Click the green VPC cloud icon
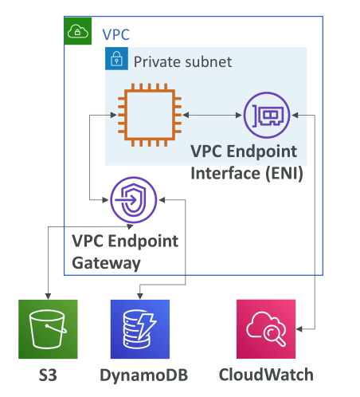(x=78, y=31)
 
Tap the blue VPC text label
(x=116, y=34)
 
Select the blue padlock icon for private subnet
(x=116, y=59)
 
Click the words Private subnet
(x=182, y=62)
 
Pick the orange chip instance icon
(x=150, y=115)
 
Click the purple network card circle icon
(x=267, y=115)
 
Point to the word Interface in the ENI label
(x=225, y=173)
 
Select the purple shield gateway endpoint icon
(x=134, y=200)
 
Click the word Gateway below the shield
(x=106, y=263)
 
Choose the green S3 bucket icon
(x=48, y=329)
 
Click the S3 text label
(x=48, y=375)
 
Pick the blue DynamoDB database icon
(x=140, y=329)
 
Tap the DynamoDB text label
(x=144, y=375)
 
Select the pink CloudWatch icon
(x=266, y=329)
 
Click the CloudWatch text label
(x=266, y=375)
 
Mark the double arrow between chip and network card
(x=213, y=115)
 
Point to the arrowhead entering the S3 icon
(x=48, y=296)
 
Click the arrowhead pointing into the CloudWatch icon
(x=299, y=329)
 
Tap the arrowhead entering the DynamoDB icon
(x=140, y=296)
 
